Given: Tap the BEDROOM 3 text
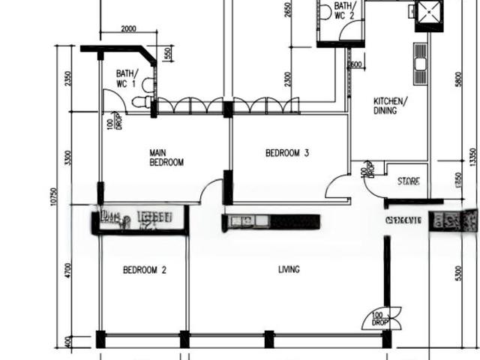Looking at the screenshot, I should (288, 154).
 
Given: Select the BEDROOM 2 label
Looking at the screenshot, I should (145, 270).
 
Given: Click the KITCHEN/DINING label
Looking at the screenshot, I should (391, 106).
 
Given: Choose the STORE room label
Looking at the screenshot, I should (409, 181).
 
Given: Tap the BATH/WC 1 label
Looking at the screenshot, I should (127, 79).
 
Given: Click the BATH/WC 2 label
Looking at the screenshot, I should (344, 10).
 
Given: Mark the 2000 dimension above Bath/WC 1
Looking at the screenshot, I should (128, 29).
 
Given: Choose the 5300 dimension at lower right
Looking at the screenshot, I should (458, 274).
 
